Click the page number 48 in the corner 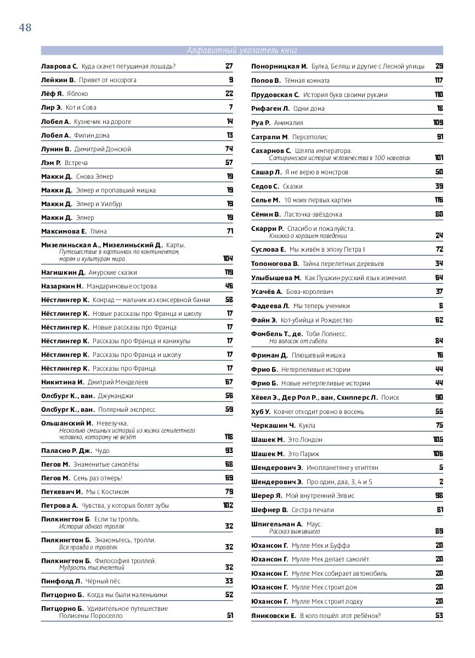click(x=25, y=28)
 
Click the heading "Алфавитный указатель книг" click(x=242, y=50)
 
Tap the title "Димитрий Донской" click(x=103, y=149)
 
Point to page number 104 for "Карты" click(x=228, y=258)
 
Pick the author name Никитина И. click(x=63, y=382)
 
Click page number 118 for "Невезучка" click(x=228, y=437)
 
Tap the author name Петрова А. click(x=60, y=506)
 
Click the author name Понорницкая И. click(x=279, y=66)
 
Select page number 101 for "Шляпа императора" click(x=438, y=158)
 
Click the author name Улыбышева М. click(x=276, y=278)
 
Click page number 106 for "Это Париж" click(x=438, y=454)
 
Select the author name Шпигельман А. click(x=277, y=524)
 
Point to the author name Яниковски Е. click(x=273, y=616)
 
